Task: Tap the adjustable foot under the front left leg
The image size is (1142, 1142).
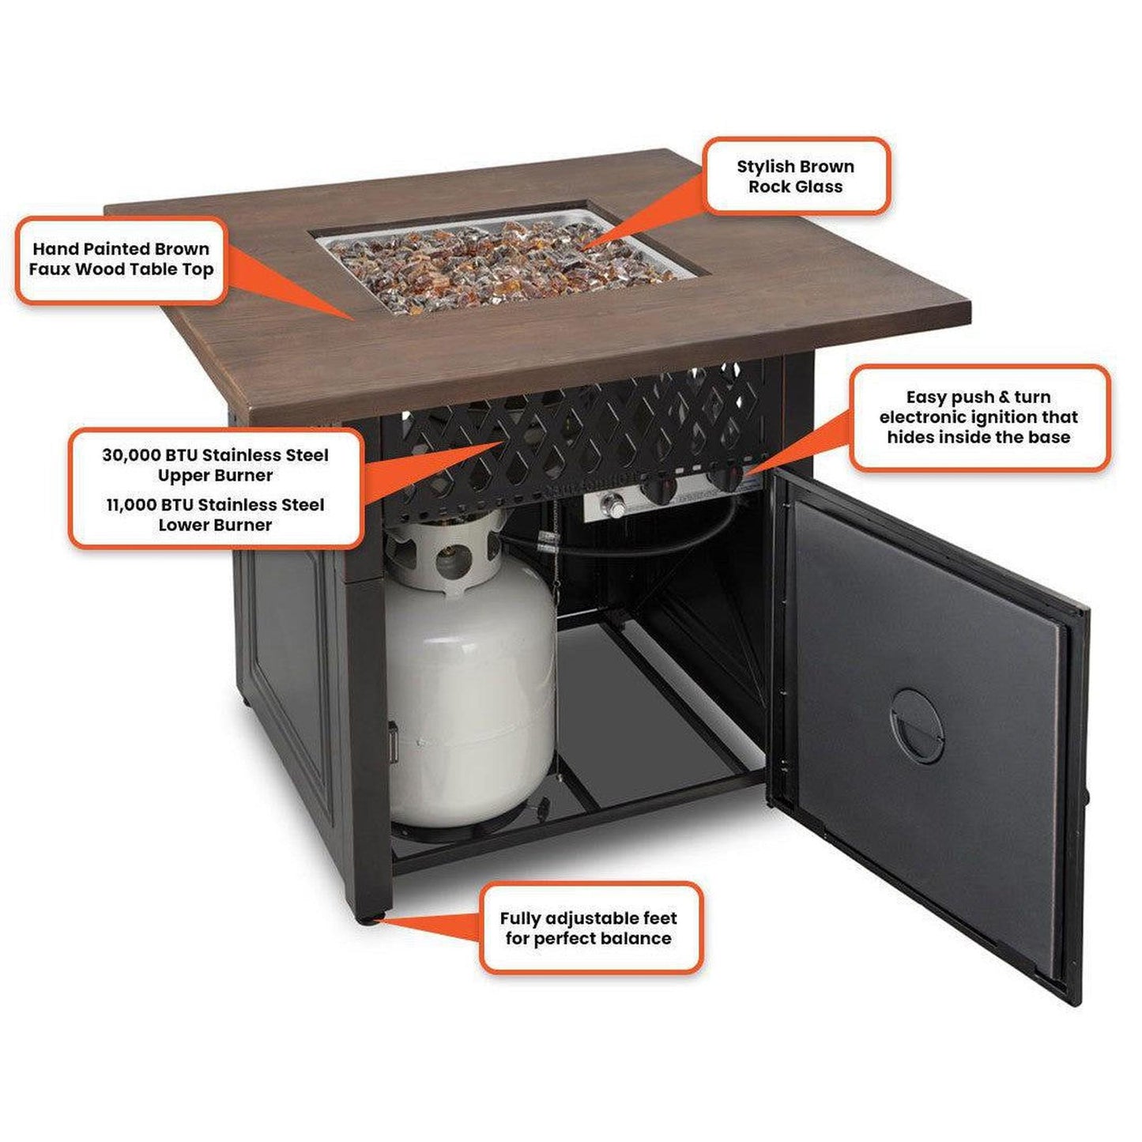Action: [x=368, y=920]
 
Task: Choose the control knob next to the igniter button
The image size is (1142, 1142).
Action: [x=659, y=488]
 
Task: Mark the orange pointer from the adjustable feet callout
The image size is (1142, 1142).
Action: [x=430, y=925]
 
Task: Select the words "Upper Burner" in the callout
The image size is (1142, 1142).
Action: [x=215, y=476]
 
